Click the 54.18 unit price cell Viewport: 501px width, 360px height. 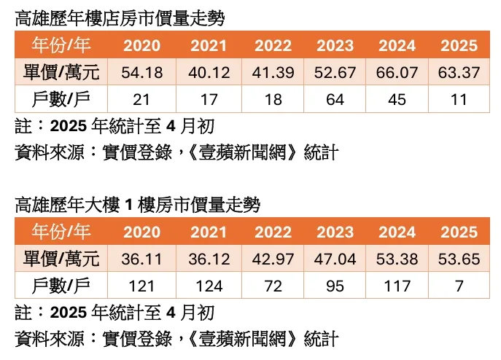pyautogui.click(x=141, y=73)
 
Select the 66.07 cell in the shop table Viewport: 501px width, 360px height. pyautogui.click(x=397, y=73)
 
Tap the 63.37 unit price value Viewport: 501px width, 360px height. pyautogui.click(x=459, y=73)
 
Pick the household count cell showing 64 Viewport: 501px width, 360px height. pyautogui.click(x=335, y=100)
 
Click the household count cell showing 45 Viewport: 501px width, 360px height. pyautogui.click(x=397, y=100)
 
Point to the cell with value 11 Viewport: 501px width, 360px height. pyautogui.click(x=459, y=100)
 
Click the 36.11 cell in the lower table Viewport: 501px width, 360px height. pyautogui.click(x=141, y=259)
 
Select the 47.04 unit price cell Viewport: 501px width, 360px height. pyautogui.click(x=335, y=259)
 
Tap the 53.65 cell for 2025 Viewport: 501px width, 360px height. pyautogui.click(x=459, y=259)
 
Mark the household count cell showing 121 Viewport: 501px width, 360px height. pyautogui.click(x=141, y=286)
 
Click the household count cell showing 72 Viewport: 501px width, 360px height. pyautogui.click(x=273, y=286)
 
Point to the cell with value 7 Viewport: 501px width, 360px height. pyautogui.click(x=459, y=286)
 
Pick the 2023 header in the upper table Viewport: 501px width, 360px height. pyautogui.click(x=335, y=46)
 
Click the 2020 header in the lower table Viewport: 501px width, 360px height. pyautogui.click(x=141, y=232)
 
